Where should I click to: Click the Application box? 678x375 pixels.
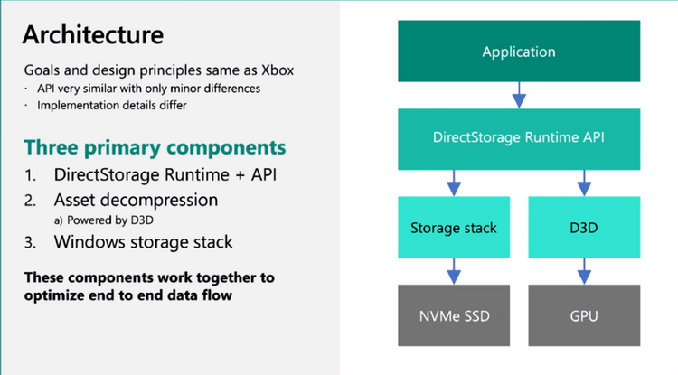[x=519, y=52]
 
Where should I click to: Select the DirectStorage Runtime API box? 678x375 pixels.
[x=519, y=138]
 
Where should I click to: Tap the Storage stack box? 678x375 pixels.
[x=454, y=227]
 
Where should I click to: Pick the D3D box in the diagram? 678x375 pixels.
[x=584, y=227]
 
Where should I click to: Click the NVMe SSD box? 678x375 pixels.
[x=454, y=315]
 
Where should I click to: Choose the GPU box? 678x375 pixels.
[x=584, y=315]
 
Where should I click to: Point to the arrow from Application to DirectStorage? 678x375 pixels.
[x=519, y=94]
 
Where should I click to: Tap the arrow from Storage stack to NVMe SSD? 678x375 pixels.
[x=454, y=270]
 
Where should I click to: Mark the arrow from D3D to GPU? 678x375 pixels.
[x=584, y=270]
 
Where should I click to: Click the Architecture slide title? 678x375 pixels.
[x=92, y=35]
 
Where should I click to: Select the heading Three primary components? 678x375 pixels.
[x=155, y=146]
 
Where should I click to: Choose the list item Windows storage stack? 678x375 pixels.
[x=143, y=242]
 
